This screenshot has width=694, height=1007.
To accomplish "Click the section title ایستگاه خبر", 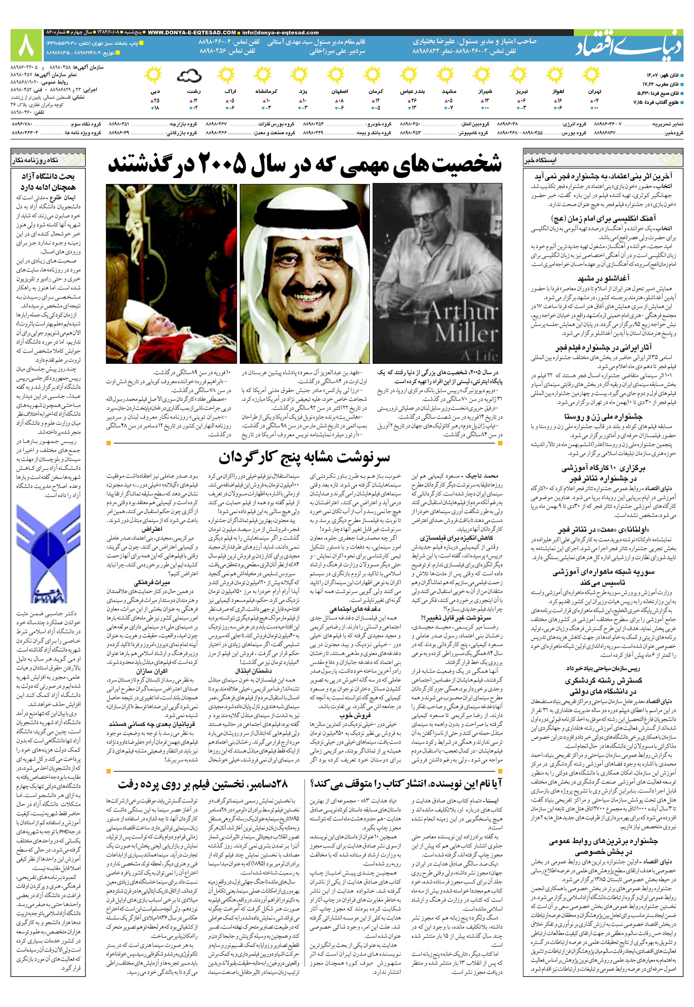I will point(541,160).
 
